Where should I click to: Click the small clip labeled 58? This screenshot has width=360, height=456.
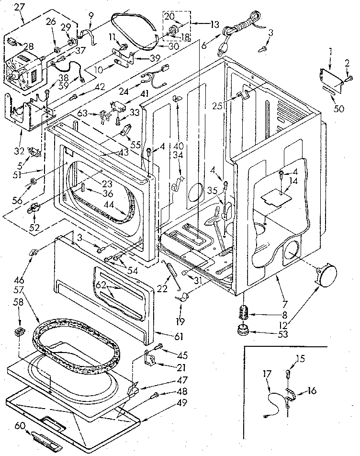pyautogui.click(x=20, y=331)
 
